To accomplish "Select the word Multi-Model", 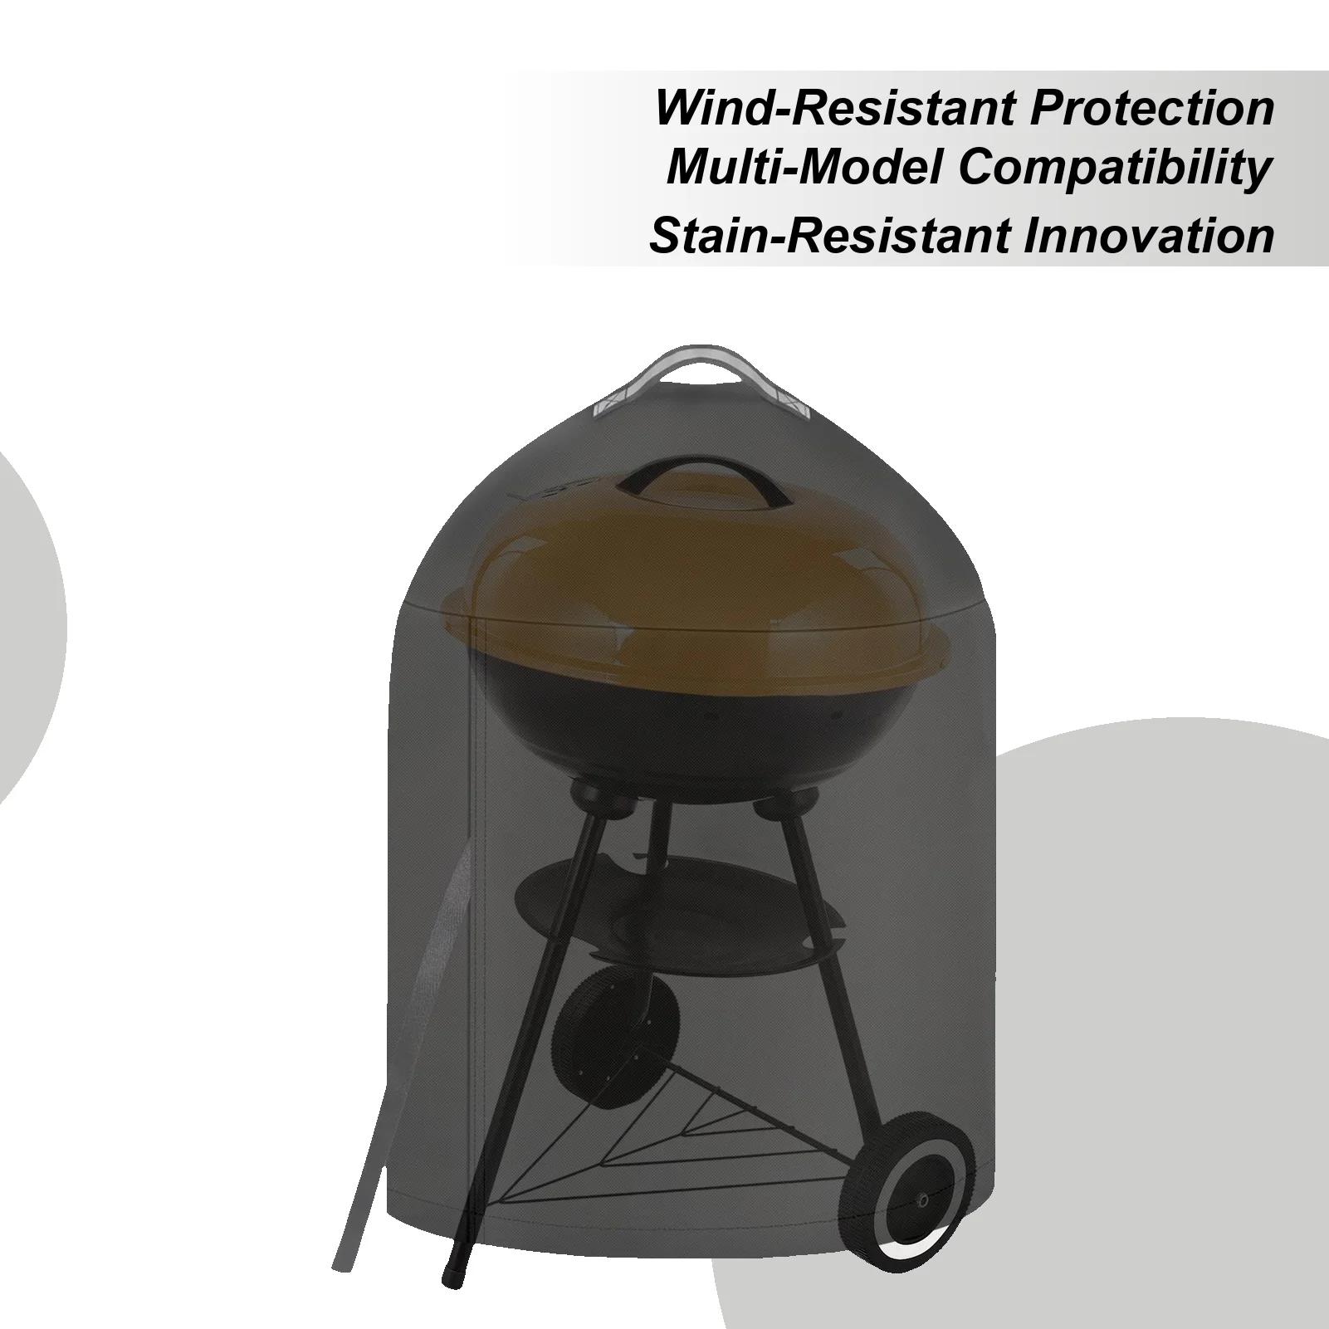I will tap(804, 169).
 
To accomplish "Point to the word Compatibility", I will tap(1115, 169).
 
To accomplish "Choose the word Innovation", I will tap(1148, 235).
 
